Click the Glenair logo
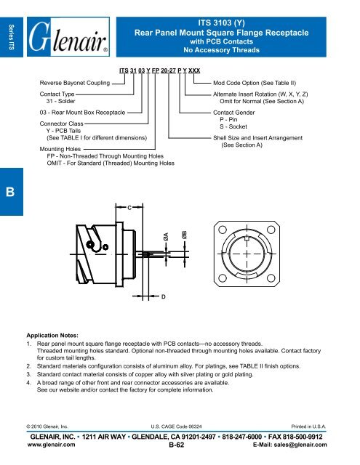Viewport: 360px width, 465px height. [68, 37]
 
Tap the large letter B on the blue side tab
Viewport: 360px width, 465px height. [10, 192]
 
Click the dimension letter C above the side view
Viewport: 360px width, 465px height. [129, 208]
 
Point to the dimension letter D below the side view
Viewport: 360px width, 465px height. [163, 296]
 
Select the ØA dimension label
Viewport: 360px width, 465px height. [166, 236]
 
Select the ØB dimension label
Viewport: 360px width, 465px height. [184, 235]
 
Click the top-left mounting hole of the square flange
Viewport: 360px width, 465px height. [223, 230]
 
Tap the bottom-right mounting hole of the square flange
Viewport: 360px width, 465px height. [271, 278]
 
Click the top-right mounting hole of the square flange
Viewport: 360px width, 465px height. [271, 230]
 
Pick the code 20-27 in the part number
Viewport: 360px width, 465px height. [168, 70]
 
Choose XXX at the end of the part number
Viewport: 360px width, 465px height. [194, 70]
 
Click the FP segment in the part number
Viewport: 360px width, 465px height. [156, 70]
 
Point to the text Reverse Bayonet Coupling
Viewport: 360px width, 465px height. [75, 83]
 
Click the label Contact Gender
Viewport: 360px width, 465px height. [234, 113]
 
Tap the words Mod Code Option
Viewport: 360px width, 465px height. [232, 83]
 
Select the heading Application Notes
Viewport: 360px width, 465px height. [52, 336]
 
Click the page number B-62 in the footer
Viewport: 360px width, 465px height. [177, 445]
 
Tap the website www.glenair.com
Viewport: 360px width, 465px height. [52, 445]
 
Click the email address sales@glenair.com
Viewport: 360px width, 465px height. [300, 445]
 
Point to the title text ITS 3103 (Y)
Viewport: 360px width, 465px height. [221, 23]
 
